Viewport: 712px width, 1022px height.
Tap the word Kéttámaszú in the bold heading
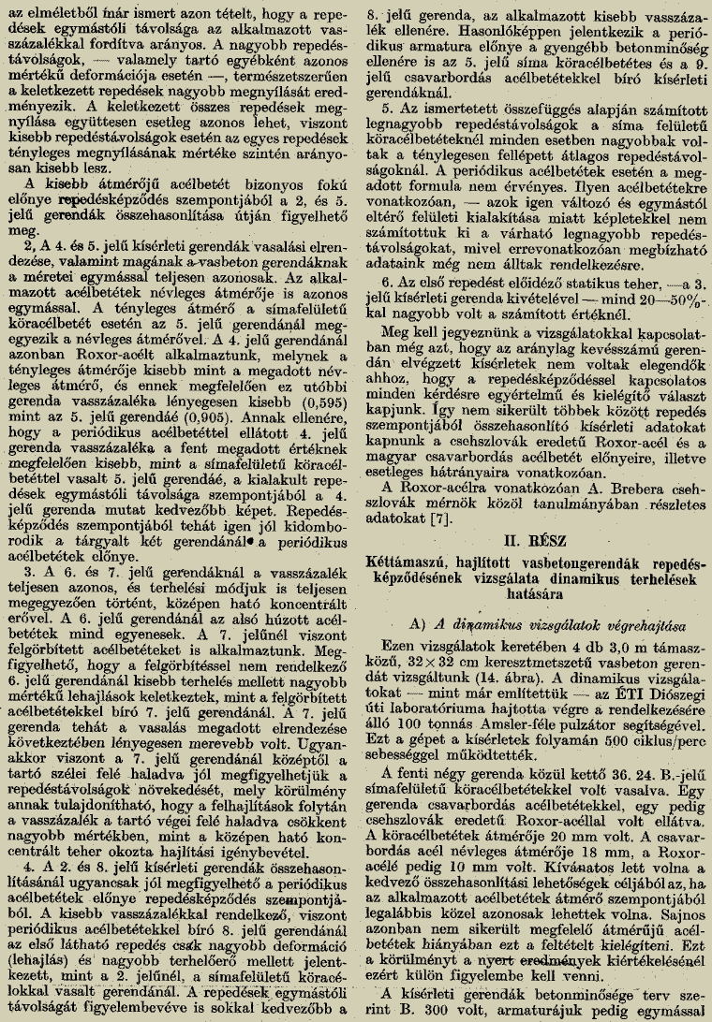coord(409,563)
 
